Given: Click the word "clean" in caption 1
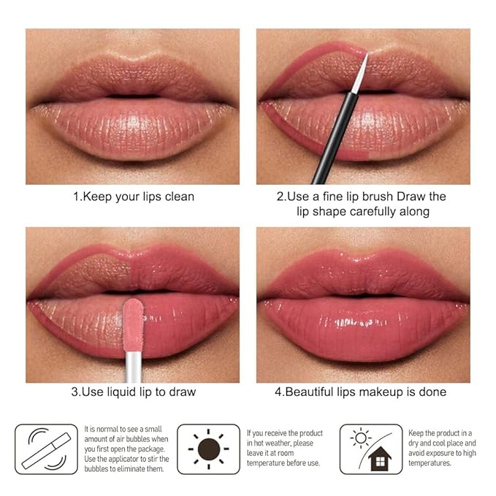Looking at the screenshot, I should point(176,197).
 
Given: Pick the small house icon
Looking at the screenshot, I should point(380,459).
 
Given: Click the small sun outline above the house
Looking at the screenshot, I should point(362,438).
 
